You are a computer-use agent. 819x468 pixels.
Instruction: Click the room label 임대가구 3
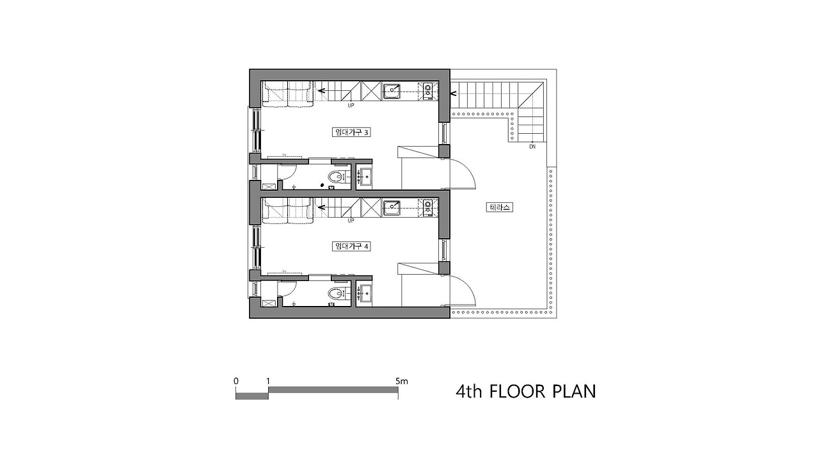tap(351, 133)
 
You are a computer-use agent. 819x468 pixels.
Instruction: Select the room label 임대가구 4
tap(351, 246)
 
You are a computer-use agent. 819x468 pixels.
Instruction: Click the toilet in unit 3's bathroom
tap(335, 177)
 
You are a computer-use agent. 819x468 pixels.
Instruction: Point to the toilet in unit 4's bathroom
tap(335, 294)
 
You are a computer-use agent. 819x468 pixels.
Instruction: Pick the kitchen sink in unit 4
tap(393, 206)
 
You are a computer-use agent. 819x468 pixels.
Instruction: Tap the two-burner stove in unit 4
tap(427, 206)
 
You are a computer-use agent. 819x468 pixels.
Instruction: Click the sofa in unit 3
tap(287, 93)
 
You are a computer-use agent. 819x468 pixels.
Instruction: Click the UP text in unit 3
tap(351, 106)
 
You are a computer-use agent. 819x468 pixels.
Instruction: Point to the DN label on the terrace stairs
tap(532, 147)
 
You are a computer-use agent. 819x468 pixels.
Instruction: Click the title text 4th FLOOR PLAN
tap(525, 391)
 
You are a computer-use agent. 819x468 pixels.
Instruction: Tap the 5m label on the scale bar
tap(401, 381)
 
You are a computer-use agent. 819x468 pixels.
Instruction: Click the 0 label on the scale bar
tap(236, 381)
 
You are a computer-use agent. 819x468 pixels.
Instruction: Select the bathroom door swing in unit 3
tap(287, 172)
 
